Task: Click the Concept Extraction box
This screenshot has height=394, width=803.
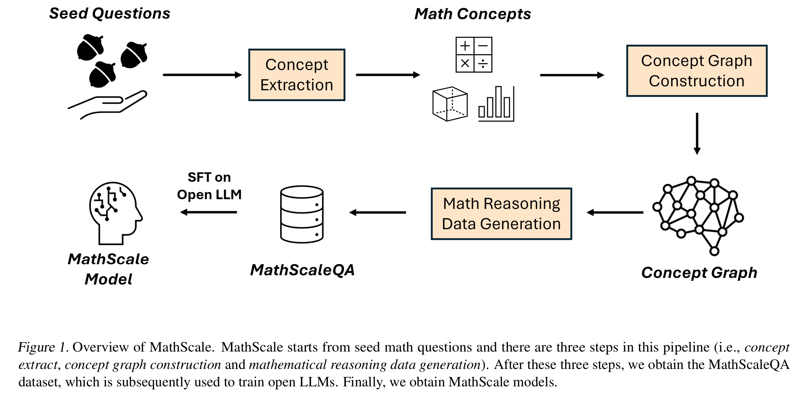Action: [297, 75]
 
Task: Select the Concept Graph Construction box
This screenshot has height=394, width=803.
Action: [696, 71]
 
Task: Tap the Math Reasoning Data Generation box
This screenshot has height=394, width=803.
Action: [501, 214]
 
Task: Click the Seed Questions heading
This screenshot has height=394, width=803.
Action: [110, 14]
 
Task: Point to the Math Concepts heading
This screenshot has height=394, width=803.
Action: [473, 14]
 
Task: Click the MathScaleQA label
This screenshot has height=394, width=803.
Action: [302, 270]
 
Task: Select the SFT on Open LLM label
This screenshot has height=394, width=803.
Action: [209, 186]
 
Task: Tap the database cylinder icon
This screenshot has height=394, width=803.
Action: [302, 214]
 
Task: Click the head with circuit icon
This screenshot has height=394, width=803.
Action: [115, 213]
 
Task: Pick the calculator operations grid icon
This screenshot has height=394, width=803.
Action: [474, 55]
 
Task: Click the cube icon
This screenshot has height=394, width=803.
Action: [450, 104]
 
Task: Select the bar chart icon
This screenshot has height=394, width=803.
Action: [496, 104]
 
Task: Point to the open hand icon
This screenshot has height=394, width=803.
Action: [108, 105]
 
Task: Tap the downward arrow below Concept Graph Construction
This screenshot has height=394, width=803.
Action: [697, 134]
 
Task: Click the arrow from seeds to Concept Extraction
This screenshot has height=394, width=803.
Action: [202, 75]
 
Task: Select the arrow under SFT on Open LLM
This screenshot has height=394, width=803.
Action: [209, 212]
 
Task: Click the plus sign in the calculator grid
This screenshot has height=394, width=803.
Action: [465, 46]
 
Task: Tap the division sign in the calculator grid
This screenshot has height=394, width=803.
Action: [483, 64]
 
